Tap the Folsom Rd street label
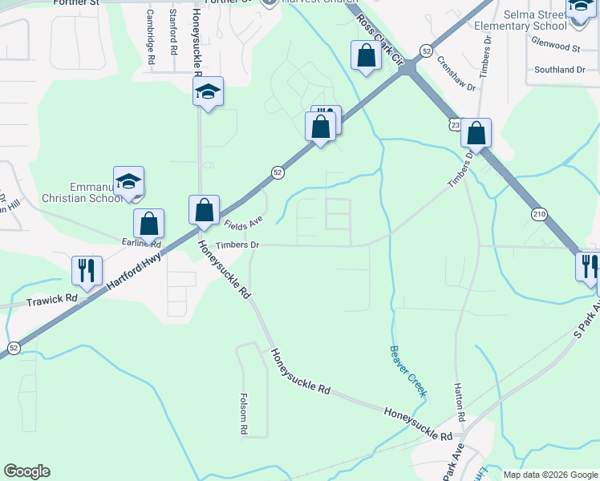click(x=244, y=414)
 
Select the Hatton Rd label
click(x=460, y=402)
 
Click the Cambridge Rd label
click(x=151, y=37)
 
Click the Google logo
click(x=26, y=471)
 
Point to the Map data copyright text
click(x=549, y=475)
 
